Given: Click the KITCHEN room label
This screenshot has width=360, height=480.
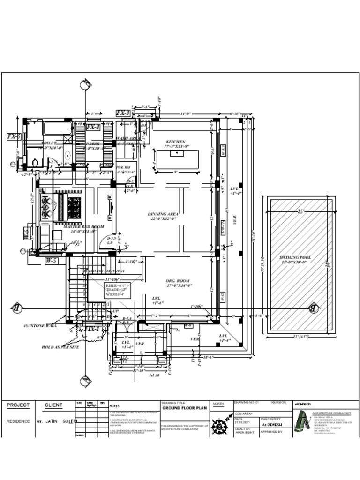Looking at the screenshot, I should pos(175,142).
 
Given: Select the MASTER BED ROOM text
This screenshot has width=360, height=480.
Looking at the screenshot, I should pos(83,226).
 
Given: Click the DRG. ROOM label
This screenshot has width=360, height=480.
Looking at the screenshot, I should pos(179,280).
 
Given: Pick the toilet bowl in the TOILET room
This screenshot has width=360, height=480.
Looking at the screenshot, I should pos(35,162).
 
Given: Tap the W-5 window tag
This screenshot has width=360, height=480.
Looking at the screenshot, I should pos(51,261).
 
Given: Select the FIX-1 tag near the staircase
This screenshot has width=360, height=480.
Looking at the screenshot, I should pos(92,330).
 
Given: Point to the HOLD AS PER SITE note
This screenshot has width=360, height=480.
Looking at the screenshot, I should pos(60,347).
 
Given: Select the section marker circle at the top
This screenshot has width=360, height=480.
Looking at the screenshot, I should pos(85,85).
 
